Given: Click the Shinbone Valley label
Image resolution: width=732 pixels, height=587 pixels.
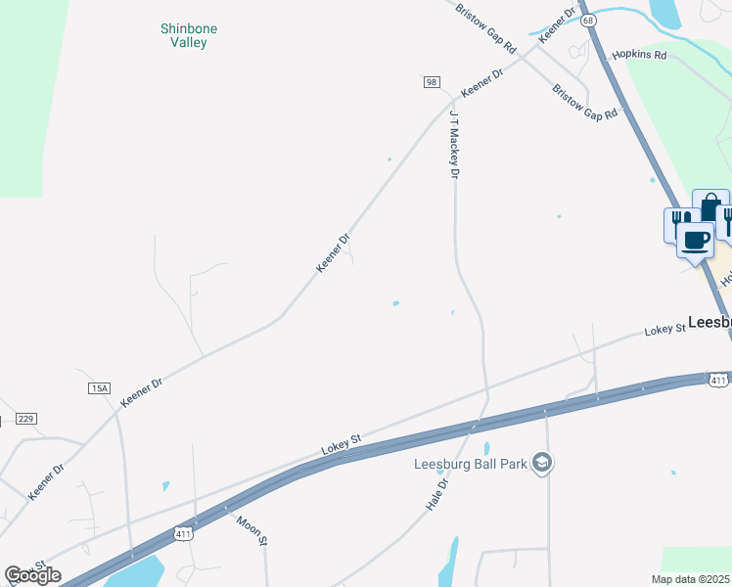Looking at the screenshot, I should point(189,35).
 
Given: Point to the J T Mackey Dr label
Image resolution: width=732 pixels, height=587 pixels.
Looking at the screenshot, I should point(454,144).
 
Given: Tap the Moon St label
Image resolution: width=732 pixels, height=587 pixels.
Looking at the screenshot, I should point(252,527).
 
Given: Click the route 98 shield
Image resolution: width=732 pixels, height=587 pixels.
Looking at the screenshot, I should point(432,82).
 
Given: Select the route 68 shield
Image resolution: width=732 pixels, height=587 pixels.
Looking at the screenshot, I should point(587,20).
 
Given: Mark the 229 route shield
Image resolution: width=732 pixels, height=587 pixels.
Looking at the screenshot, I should point(25,419).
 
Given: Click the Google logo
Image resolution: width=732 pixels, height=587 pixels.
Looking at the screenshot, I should point(32,575).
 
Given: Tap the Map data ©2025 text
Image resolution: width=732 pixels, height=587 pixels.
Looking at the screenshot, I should point(690,579).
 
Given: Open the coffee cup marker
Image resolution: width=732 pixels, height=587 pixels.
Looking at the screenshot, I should point(696,239).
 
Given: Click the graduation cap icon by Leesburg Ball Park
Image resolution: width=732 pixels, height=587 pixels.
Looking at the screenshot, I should point(542,463).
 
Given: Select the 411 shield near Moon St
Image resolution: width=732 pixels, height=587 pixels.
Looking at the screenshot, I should point(183,533).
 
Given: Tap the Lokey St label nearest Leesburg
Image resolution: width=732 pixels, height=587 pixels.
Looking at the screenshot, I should point(665,332).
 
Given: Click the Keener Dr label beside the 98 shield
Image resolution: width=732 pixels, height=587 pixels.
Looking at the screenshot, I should point(481,81).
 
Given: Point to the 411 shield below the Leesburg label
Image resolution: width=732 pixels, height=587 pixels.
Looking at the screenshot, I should point(719,379).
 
